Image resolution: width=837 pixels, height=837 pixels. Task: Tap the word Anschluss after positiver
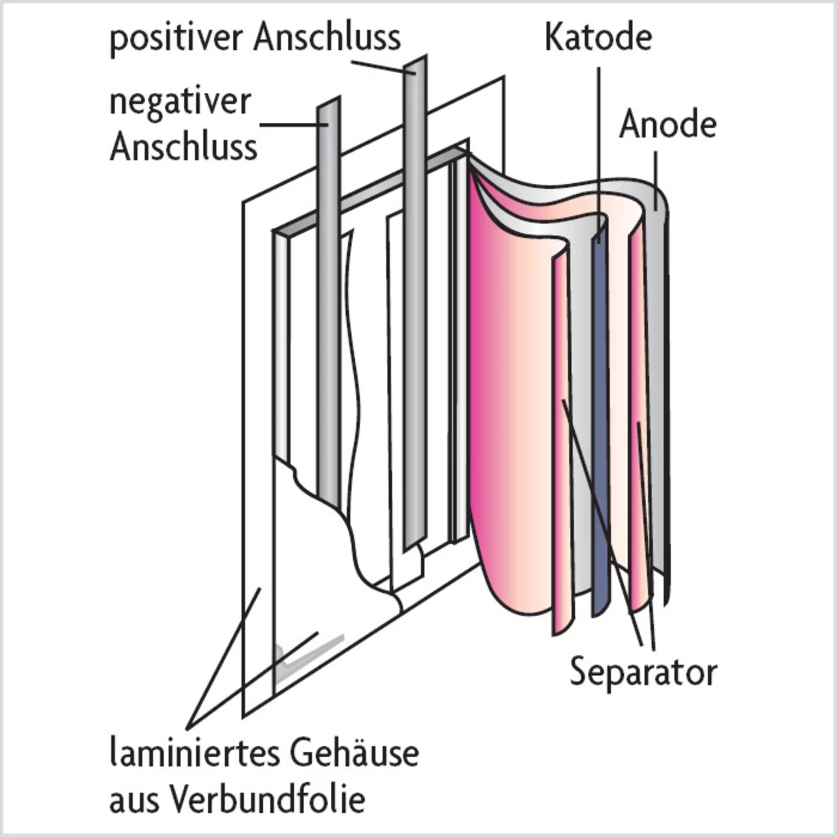coord(327,37)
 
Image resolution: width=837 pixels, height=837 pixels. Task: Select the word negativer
coord(180,103)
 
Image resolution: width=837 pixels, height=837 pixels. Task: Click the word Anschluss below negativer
coord(183,146)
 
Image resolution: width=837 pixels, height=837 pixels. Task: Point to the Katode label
coord(598,37)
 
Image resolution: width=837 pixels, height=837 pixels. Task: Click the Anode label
coord(668,124)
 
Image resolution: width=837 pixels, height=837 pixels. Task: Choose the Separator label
coord(643,672)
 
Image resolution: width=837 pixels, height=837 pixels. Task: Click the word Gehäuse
coord(354,753)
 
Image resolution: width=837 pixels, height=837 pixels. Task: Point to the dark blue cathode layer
coord(600,425)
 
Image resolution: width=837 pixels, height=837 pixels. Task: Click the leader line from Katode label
coord(598,144)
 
